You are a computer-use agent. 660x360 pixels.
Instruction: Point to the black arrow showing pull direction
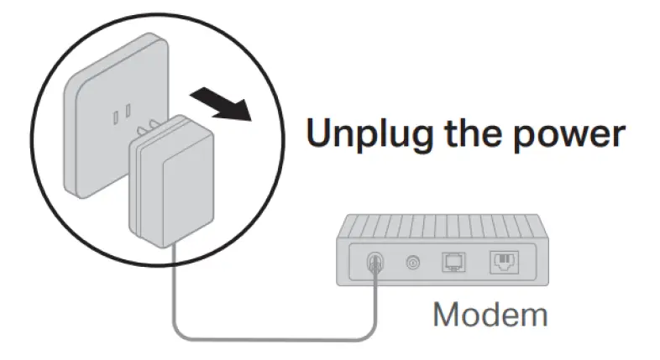[x=220, y=107]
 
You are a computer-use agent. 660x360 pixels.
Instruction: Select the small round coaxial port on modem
[x=412, y=263]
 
